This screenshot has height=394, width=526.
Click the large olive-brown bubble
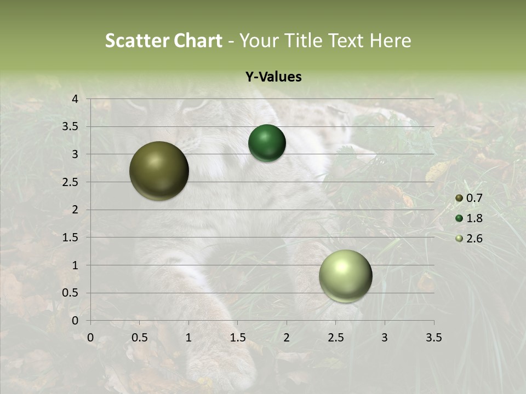[x=159, y=171]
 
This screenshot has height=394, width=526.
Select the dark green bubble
[x=267, y=143]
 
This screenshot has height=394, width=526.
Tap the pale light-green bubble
[x=346, y=276]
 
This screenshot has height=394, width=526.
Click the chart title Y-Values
[x=273, y=77]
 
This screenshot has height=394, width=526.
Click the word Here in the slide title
[x=391, y=40]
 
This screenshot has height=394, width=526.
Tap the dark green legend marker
[x=459, y=218]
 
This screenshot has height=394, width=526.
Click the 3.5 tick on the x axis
[x=433, y=338]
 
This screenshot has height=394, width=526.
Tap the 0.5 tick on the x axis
[x=139, y=338]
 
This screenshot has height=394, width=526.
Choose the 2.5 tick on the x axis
[x=335, y=338]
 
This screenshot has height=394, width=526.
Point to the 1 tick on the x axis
[x=188, y=338]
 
